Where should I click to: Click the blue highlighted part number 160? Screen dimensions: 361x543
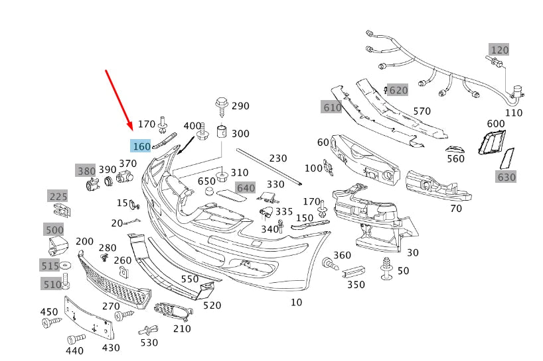pyautogui.click(x=141, y=146)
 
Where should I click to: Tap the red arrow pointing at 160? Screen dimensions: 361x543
pyautogui.click(x=119, y=98)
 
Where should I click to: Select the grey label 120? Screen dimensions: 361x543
pyautogui.click(x=499, y=50)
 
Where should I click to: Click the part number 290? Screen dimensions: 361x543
pyautogui.click(x=240, y=106)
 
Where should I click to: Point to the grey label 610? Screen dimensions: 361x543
pyautogui.click(x=331, y=107)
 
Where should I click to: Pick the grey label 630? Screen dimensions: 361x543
pyautogui.click(x=506, y=177)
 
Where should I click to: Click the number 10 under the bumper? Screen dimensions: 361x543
pyautogui.click(x=296, y=303)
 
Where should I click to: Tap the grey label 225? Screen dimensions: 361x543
pyautogui.click(x=58, y=196)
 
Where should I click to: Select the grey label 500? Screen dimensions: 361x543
pyautogui.click(x=54, y=230)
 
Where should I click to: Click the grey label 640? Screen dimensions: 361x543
pyautogui.click(x=246, y=188)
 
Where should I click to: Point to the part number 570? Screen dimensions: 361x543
pyautogui.click(x=422, y=111)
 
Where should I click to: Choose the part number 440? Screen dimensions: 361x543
pyautogui.click(x=75, y=350)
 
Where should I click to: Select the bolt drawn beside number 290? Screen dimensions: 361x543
pyautogui.click(x=221, y=105)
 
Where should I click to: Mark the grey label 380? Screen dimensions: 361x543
pyautogui.click(x=85, y=171)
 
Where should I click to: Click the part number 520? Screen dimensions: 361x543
pyautogui.click(x=212, y=305)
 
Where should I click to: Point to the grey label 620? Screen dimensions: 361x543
pyautogui.click(x=398, y=90)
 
